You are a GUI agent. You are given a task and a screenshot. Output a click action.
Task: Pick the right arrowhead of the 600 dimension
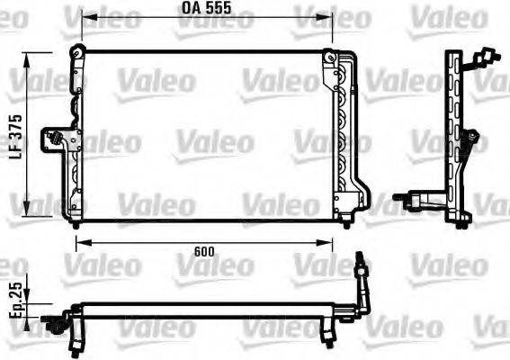(x=349, y=240)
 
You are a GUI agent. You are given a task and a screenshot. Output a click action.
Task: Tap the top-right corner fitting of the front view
(x=335, y=58)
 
